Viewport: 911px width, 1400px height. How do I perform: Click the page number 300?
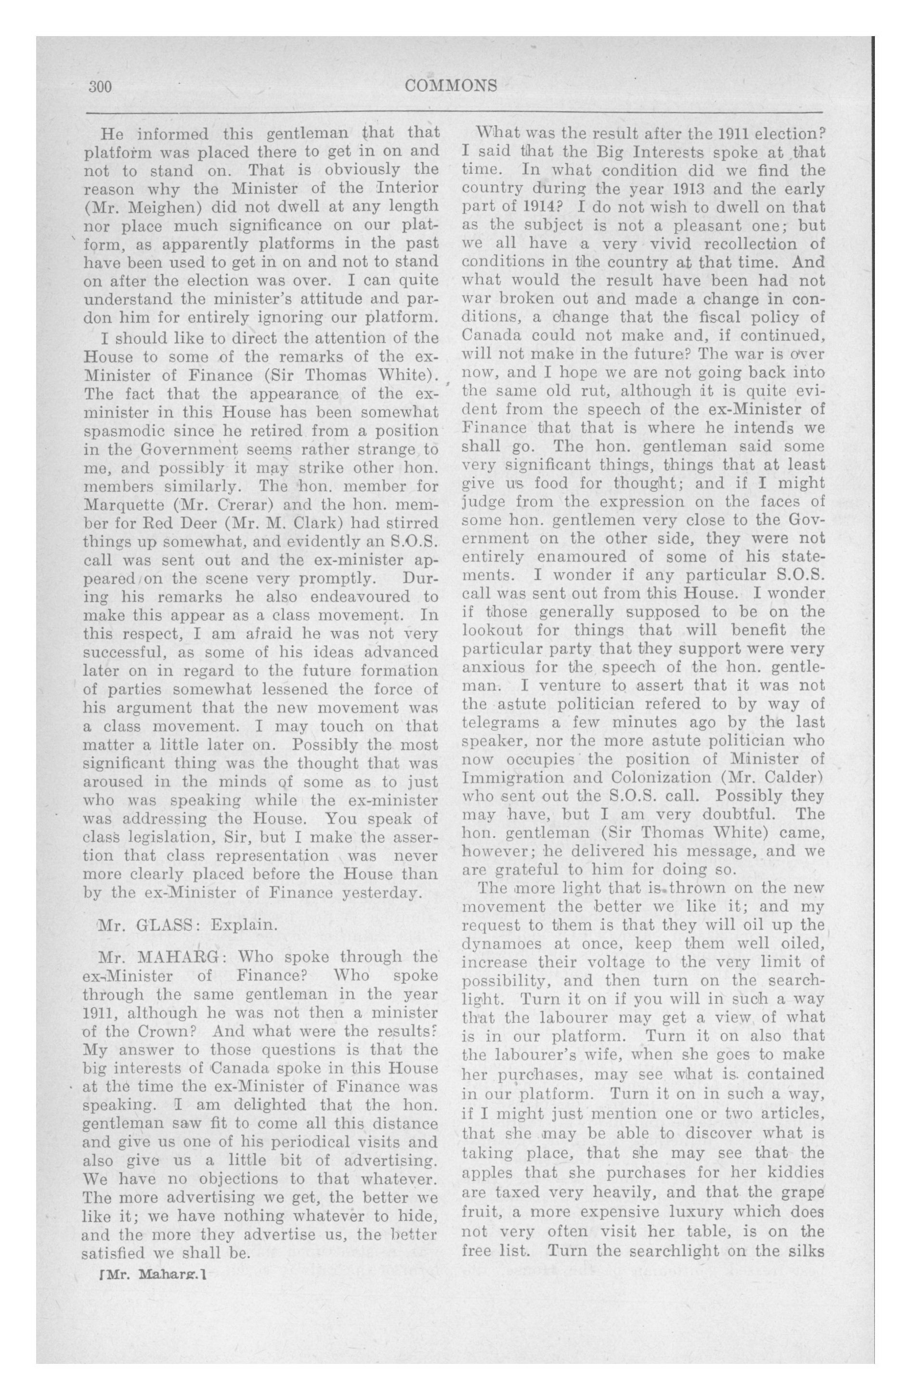pyautogui.click(x=100, y=87)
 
